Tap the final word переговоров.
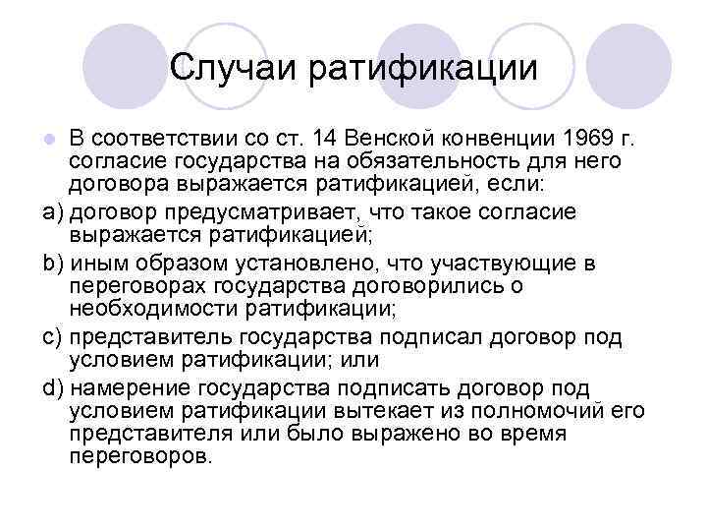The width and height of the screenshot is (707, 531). click(x=140, y=457)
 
